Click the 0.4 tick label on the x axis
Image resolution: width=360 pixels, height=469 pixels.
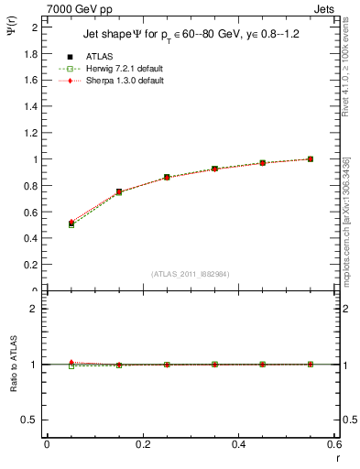pyautogui.click(x=238, y=443)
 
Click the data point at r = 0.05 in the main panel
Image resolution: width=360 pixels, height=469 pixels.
pyautogui.click(x=71, y=223)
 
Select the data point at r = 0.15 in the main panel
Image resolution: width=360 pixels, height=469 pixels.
pyautogui.click(x=119, y=192)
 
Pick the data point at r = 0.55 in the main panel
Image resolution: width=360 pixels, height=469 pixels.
pyautogui.click(x=311, y=158)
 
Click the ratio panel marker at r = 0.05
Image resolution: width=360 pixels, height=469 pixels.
pyautogui.click(x=71, y=364)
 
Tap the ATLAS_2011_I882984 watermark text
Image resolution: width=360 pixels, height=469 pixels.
pyautogui.click(x=191, y=274)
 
